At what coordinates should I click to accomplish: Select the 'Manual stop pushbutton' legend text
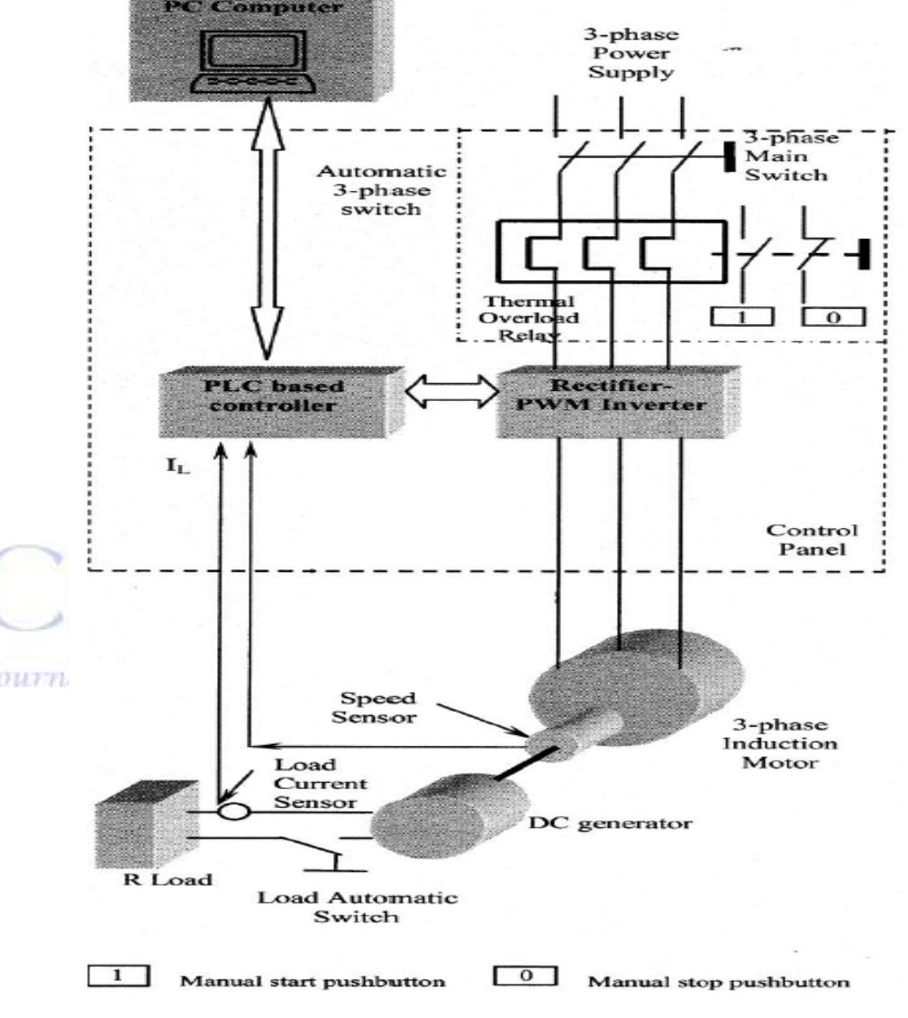pos(717,981)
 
